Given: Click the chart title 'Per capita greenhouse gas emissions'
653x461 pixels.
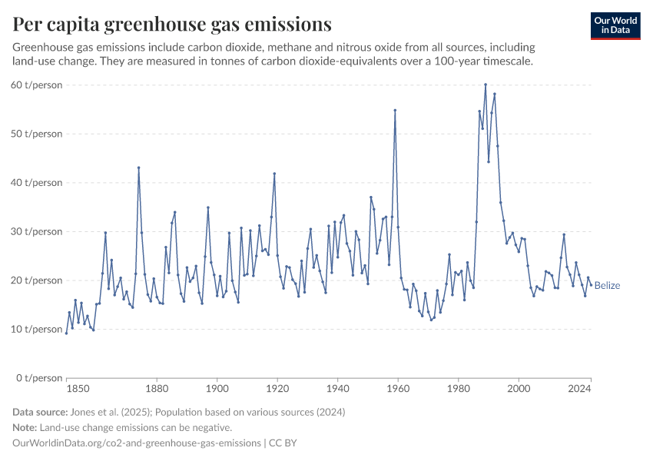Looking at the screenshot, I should point(172,25).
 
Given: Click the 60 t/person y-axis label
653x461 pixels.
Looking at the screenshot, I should point(37,85).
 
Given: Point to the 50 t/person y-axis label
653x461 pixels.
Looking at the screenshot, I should point(37,134).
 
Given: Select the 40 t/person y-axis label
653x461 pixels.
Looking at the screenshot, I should point(37,183).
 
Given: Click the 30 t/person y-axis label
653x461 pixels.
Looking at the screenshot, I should point(37,231).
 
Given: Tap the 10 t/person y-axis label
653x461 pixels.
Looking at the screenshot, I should point(37,329).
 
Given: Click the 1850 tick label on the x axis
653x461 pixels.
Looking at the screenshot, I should point(67,390).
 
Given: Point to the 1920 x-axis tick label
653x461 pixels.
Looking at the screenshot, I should point(277,390).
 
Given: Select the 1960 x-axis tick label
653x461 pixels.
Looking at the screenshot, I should point(398,390).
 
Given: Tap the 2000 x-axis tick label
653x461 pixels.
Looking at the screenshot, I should point(519,390).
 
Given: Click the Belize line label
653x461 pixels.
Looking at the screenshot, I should point(607,286).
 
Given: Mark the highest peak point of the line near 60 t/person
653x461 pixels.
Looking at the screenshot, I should point(486,85).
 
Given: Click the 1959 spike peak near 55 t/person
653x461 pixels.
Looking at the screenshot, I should point(395,110).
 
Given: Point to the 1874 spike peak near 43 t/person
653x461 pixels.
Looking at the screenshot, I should point(139,167).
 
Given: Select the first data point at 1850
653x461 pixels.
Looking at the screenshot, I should point(67,333).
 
